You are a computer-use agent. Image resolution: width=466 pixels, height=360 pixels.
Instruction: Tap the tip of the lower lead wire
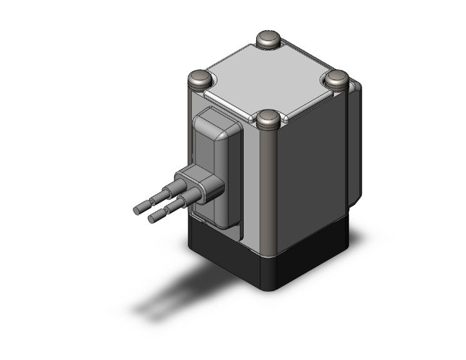[152, 219]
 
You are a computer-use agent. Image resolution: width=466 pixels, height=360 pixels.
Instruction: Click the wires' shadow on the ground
[169, 294]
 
